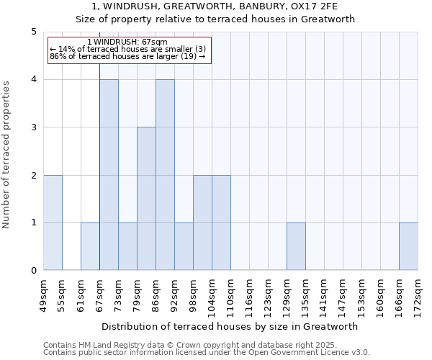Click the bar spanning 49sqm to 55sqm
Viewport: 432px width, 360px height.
coord(53,222)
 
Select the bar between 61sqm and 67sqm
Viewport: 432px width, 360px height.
coord(90,246)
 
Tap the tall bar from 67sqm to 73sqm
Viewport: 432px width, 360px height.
coord(109,175)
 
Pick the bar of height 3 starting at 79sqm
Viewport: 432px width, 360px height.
coord(146,199)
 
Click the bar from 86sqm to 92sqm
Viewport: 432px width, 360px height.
coord(165,175)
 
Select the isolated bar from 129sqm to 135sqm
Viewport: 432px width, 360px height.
coord(296,246)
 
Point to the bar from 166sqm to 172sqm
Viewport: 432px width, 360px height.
coord(408,246)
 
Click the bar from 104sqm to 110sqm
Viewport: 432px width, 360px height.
coord(221,222)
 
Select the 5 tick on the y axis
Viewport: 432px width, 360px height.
coord(33,32)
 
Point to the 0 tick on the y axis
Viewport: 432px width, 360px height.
coord(33,271)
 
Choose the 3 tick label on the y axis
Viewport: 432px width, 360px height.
coord(33,127)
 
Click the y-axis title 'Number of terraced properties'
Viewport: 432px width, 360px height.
coord(7,154)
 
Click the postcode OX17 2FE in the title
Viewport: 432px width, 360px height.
coord(318,6)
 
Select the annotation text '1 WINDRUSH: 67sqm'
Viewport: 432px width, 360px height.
coord(127,42)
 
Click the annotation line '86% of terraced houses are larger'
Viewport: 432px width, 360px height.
coord(127,56)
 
